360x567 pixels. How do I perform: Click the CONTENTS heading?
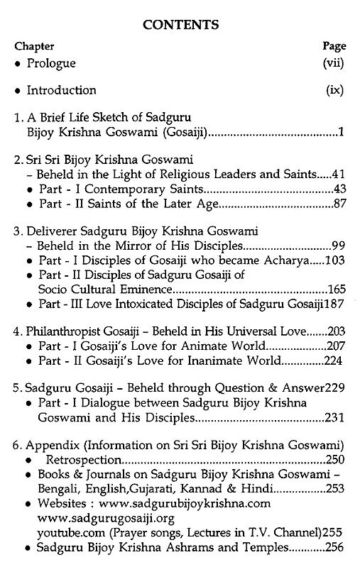[180, 26]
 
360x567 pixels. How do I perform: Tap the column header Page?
[333, 45]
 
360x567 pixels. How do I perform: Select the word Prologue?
[51, 63]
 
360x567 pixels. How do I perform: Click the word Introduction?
[61, 90]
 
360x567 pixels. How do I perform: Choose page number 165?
[334, 290]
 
